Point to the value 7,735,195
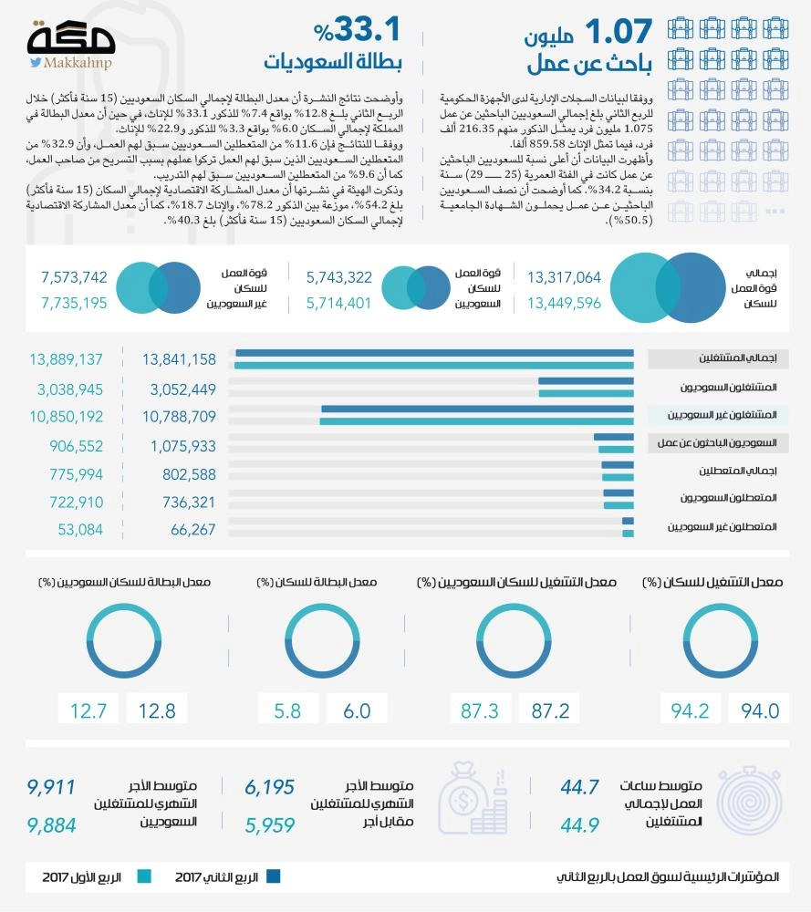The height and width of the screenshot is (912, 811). [x=75, y=303]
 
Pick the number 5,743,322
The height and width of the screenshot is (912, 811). [x=339, y=277]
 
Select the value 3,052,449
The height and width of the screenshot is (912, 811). [x=180, y=389]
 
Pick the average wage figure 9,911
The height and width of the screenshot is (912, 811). [x=51, y=786]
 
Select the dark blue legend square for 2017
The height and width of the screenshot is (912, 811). [x=272, y=877]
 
